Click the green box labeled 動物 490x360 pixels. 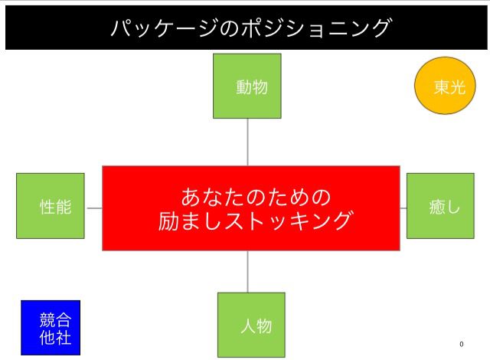(247, 86)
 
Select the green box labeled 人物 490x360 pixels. (251, 325)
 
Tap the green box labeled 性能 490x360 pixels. (51, 205)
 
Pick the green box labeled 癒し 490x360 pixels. (439, 205)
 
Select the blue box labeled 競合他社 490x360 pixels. (50, 328)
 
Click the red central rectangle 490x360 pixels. (251, 208)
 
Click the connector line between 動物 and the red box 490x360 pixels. (247, 142)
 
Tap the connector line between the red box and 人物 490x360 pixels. (247, 271)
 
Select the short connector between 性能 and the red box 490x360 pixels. (93, 208)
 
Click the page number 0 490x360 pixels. (461, 344)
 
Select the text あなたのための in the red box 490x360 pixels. (256, 196)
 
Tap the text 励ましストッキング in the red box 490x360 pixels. (256, 221)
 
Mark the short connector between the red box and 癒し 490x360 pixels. (403, 208)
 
